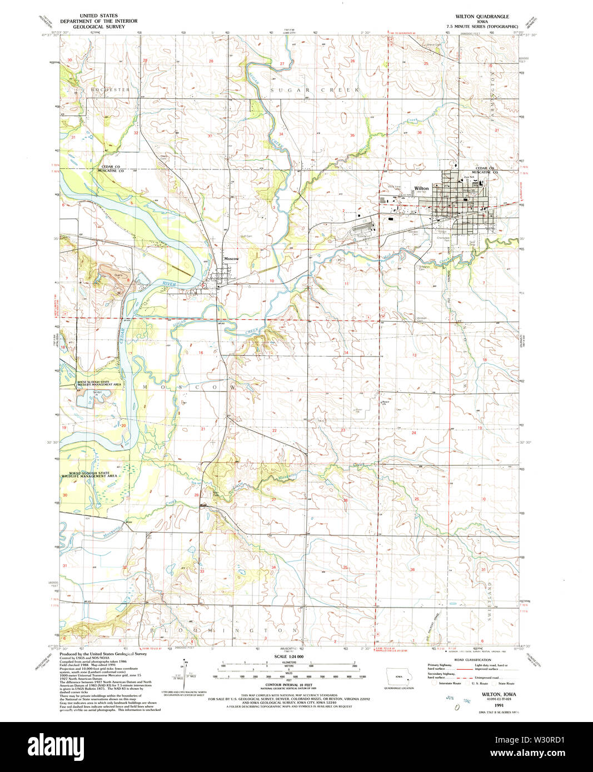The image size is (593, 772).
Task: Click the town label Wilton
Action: point(421,188)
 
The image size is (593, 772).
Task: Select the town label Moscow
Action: point(231,259)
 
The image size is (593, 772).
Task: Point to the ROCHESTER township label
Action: point(109,89)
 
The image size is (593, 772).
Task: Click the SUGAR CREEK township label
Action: point(315,89)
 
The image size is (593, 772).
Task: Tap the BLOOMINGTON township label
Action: point(225,630)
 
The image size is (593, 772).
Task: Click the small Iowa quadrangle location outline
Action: point(400,678)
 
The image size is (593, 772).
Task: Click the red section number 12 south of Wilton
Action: point(418,283)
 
